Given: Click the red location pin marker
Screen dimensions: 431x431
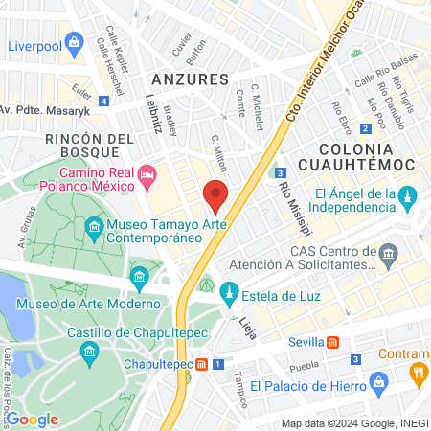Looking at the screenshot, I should pyautogui.click(x=216, y=195).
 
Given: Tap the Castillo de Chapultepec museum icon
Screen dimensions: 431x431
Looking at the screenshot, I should pyautogui.click(x=89, y=352).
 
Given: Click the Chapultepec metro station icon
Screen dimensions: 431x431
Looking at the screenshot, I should pyautogui.click(x=203, y=365).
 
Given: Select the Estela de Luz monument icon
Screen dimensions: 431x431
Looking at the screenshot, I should pyautogui.click(x=229, y=291).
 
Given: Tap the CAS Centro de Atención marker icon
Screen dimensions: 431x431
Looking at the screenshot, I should pyautogui.click(x=388, y=254).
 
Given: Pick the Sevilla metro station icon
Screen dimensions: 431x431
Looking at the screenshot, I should pyautogui.click(x=332, y=342).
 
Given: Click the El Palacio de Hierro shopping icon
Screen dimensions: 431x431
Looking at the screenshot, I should pyautogui.click(x=380, y=385).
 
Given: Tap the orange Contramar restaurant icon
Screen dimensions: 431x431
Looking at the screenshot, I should pyautogui.click(x=418, y=373).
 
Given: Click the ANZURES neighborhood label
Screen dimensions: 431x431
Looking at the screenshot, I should pyautogui.click(x=190, y=79).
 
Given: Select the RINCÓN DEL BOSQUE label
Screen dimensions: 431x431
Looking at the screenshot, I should pyautogui.click(x=87, y=148).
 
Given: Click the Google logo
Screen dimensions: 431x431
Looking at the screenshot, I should pyautogui.click(x=32, y=419).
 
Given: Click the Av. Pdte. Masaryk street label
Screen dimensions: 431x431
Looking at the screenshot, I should pyautogui.click(x=45, y=109).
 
